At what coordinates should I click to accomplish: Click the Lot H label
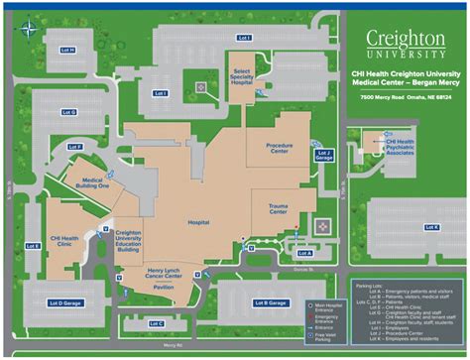click(x=67, y=50)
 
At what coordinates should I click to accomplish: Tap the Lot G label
click(x=67, y=112)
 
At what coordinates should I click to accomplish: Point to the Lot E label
click(x=31, y=245)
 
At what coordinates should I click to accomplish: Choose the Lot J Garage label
click(x=323, y=154)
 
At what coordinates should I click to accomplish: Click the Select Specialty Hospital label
click(x=242, y=78)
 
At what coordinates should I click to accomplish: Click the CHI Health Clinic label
click(x=65, y=242)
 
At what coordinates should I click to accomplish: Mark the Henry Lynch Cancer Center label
click(x=162, y=273)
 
